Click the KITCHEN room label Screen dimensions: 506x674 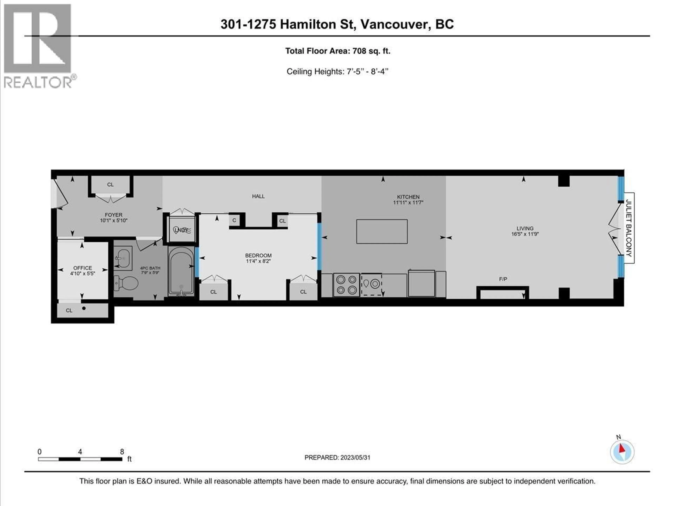(x=408, y=197)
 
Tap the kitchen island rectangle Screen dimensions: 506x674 (x=382, y=231)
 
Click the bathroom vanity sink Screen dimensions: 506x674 (x=123, y=258)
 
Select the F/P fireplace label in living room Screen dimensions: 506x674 (x=503, y=279)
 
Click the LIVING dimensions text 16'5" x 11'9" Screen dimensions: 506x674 (x=525, y=234)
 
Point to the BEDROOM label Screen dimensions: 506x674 (x=258, y=255)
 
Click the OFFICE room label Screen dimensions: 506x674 (x=82, y=268)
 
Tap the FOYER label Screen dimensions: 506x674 (x=113, y=215)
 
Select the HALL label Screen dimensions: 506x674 (x=258, y=196)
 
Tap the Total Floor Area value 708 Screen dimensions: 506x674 (x=359, y=51)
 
